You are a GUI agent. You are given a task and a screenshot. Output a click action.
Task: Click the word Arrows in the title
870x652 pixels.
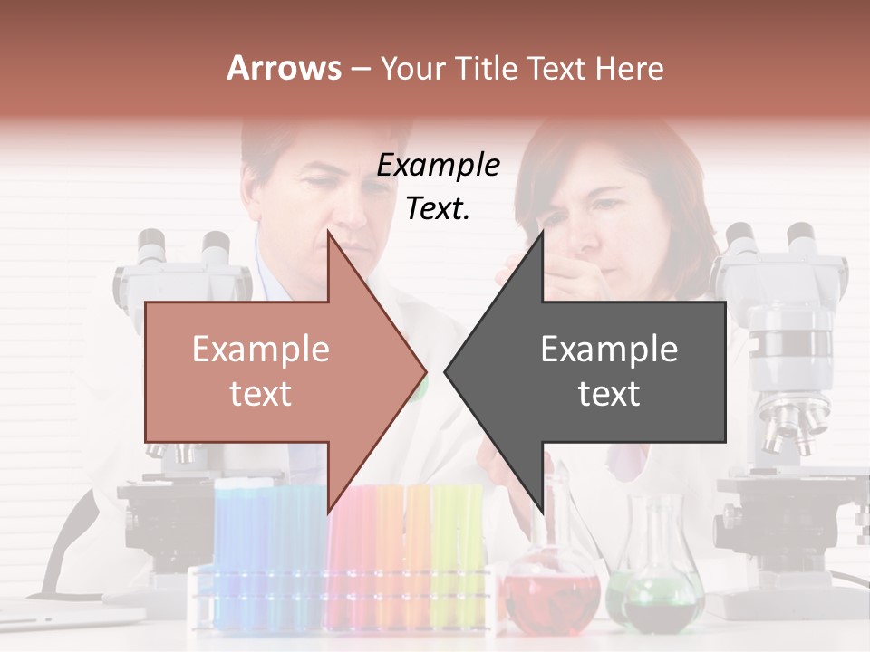pyautogui.click(x=284, y=68)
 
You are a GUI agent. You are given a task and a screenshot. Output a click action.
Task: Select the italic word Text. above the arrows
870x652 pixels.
pyautogui.click(x=438, y=208)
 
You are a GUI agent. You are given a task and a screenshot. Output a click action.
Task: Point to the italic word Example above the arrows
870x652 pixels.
pyautogui.click(x=438, y=166)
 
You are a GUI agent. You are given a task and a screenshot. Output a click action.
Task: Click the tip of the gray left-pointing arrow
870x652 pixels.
pyautogui.click(x=447, y=370)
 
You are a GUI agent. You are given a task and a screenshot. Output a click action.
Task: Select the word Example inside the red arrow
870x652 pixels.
pyautogui.click(x=261, y=349)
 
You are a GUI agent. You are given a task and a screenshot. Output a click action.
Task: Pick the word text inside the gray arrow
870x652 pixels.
pyautogui.click(x=609, y=393)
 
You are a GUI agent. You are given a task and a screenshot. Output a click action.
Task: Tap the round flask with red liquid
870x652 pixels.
pyautogui.click(x=553, y=593)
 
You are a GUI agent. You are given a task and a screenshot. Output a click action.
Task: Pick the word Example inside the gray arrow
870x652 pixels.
pyautogui.click(x=609, y=349)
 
